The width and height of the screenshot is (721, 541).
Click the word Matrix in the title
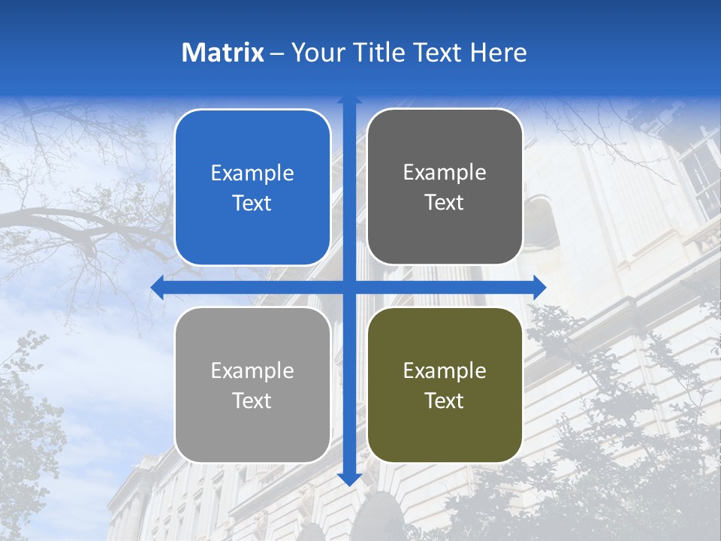223,53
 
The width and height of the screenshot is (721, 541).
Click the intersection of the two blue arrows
349,287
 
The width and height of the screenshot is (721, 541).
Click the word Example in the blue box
252,174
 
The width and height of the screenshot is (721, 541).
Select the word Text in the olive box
445,400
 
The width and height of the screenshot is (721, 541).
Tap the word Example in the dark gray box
445,173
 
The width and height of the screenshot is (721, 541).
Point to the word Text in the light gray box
252,400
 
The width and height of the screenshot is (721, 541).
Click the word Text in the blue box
252,203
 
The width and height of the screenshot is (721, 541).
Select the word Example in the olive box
445,370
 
